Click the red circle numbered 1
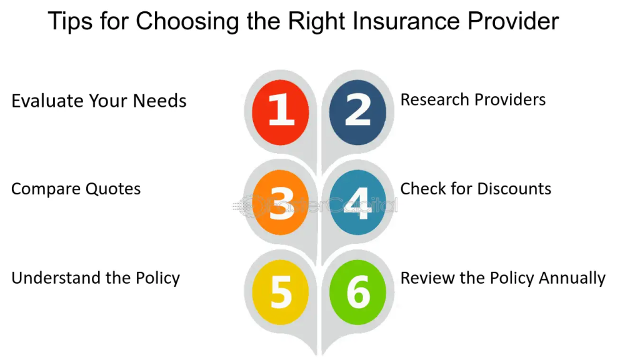281,112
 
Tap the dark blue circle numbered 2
357,112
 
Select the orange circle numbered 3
281,202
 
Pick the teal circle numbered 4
357,202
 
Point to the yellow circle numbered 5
281,292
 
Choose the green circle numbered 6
357,292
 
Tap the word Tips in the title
70,22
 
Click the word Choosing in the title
187,22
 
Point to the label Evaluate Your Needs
99,101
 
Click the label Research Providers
473,99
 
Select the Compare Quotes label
76,189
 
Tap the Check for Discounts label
476,189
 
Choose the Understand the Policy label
96,278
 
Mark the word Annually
572,278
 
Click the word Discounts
514,189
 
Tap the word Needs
159,101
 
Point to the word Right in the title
317,22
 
